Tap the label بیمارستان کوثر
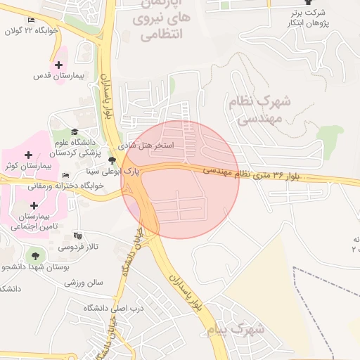tap(27, 165)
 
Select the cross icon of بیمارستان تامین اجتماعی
tap(34, 205)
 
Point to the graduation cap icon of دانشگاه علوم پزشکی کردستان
tap(75, 131)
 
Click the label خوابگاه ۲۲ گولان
tap(36, 31)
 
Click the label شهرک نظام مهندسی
tap(259, 110)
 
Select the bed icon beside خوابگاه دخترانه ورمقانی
tap(65, 175)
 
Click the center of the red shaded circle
tap(180, 179)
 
